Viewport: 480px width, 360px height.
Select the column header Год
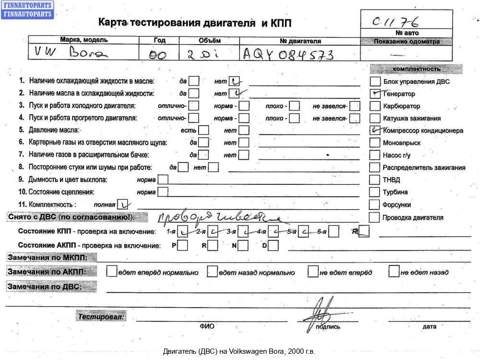(160, 41)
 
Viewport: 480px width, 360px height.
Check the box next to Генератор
(375, 94)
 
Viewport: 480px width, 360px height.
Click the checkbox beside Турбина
(375, 192)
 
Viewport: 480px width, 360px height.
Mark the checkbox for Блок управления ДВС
(375, 82)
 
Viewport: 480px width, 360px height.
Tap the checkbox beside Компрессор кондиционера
(375, 130)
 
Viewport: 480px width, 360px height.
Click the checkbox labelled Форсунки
(375, 204)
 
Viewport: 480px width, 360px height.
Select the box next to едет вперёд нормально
(111, 272)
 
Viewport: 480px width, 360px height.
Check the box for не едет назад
(394, 272)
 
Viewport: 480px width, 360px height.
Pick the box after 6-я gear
(334, 232)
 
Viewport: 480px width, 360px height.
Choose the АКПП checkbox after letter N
(243, 245)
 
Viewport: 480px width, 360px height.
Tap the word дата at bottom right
(430, 327)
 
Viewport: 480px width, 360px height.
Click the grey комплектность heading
(416, 69)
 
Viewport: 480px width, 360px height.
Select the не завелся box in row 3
(355, 106)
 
